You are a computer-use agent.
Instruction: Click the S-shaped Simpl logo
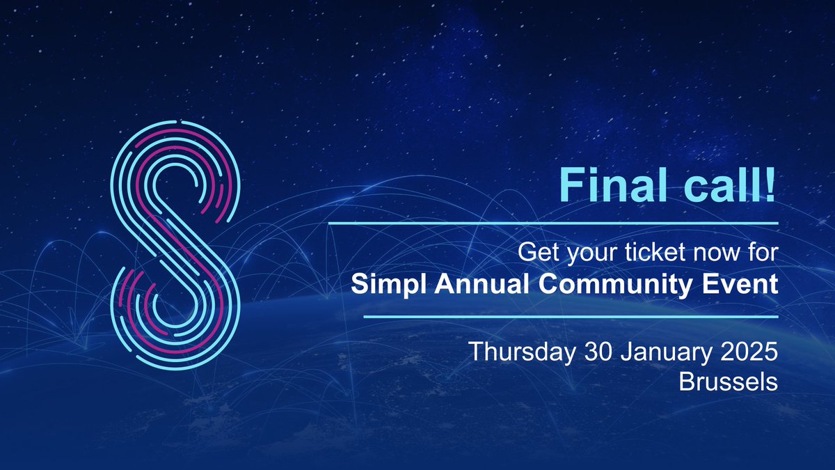pyautogui.click(x=176, y=246)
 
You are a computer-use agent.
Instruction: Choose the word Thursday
pyautogui.click(x=520, y=351)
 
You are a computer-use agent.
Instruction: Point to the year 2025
pyautogui.click(x=749, y=351)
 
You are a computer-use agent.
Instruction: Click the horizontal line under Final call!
pyautogui.click(x=552, y=224)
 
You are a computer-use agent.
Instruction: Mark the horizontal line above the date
pyautogui.click(x=571, y=316)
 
